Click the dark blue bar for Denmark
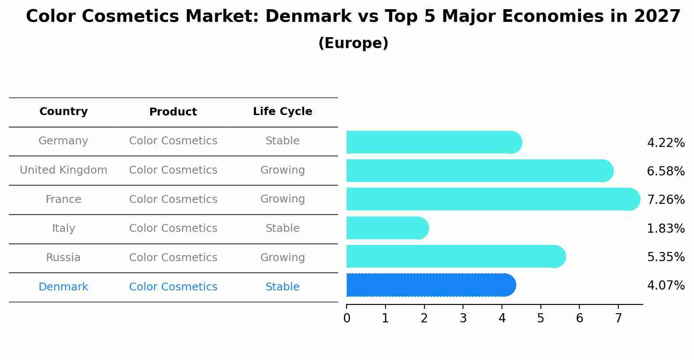[431, 285]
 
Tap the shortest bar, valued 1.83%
[388, 228]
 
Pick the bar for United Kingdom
[480, 171]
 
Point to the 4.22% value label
[666, 143]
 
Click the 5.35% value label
[666, 257]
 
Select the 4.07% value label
[666, 286]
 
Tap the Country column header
[63, 112]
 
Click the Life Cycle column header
[282, 112]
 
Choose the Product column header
[173, 112]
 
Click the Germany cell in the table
[63, 141]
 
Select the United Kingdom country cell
[63, 170]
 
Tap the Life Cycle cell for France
[282, 199]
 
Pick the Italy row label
[63, 228]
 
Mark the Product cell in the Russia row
[173, 258]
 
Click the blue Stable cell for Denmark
[282, 287]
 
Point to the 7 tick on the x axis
[618, 318]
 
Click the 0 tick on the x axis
[347, 318]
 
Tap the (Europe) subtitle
[353, 43]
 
